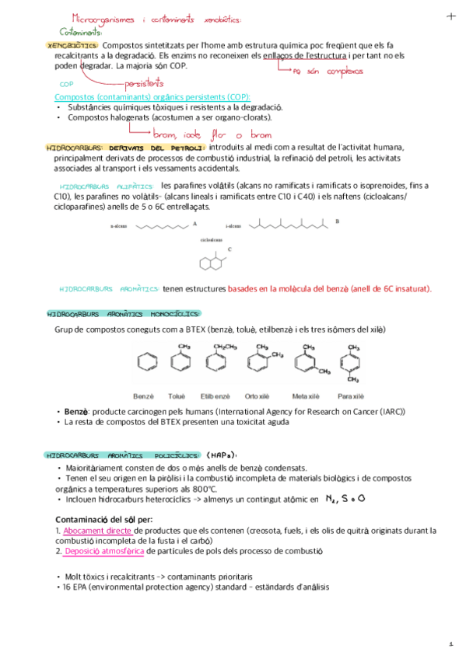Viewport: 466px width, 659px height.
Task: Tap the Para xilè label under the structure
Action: click(352, 396)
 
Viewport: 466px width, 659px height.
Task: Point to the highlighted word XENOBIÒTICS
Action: click(73, 46)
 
